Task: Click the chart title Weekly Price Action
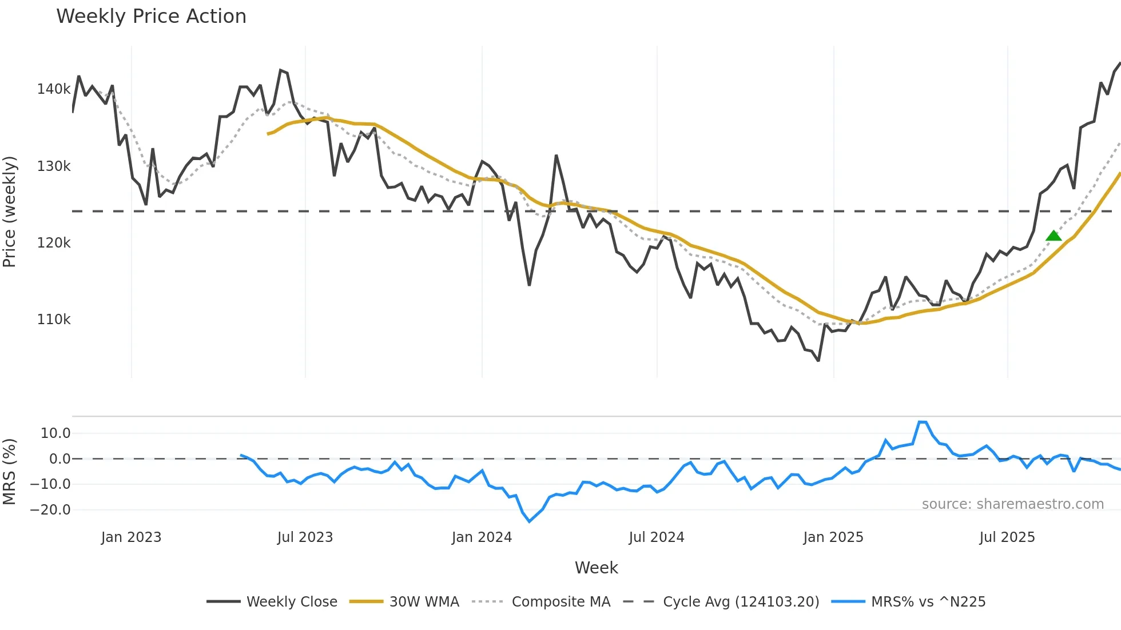point(151,17)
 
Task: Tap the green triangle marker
point(1054,236)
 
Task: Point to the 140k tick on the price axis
point(53,89)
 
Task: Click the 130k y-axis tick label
point(53,166)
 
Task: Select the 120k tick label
point(53,243)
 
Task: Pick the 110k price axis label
point(53,320)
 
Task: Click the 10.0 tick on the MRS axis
point(55,433)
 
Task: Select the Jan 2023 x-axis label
point(131,537)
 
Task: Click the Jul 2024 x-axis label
point(656,537)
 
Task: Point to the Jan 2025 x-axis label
point(833,537)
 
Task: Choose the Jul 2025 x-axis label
point(1007,537)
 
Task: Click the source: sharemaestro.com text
point(1012,504)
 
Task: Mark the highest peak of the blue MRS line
point(922,422)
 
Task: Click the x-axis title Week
point(596,568)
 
